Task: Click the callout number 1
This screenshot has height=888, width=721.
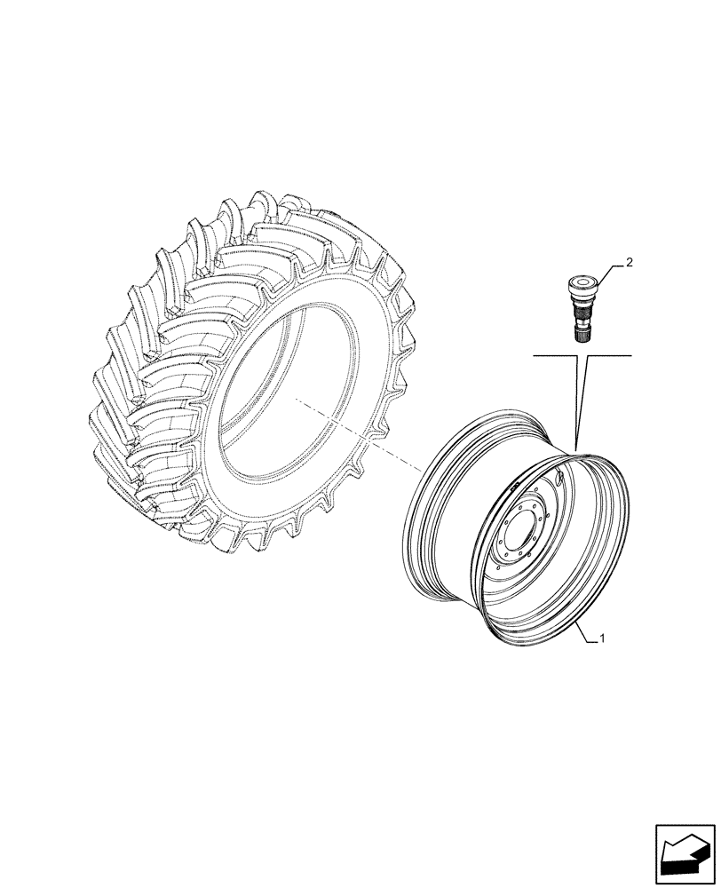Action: pyautogui.click(x=604, y=638)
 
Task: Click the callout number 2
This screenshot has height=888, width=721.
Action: pyautogui.click(x=629, y=263)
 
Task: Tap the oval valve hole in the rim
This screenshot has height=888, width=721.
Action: pyautogui.click(x=557, y=479)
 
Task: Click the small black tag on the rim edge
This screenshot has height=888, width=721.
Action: pyautogui.click(x=513, y=485)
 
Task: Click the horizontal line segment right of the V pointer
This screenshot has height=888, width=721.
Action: pyautogui.click(x=609, y=355)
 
